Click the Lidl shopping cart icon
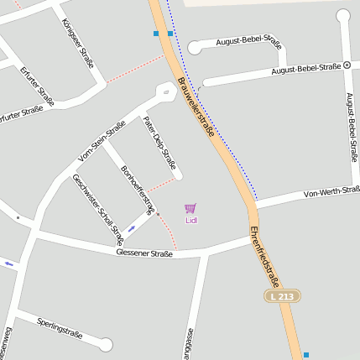coord(190,208)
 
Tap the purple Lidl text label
coord(191,221)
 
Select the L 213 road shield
coord(283,296)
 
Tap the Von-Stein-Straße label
coord(102,140)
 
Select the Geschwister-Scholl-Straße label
coord(92,210)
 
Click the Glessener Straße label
coord(144,252)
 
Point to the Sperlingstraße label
coord(60,327)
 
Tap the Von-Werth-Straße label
coord(331,193)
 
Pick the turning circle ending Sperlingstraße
coord(106,344)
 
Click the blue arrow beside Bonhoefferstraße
coord(131,229)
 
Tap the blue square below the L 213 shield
coord(306,355)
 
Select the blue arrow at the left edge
coord(9,264)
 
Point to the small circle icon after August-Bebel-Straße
coord(347,65)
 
